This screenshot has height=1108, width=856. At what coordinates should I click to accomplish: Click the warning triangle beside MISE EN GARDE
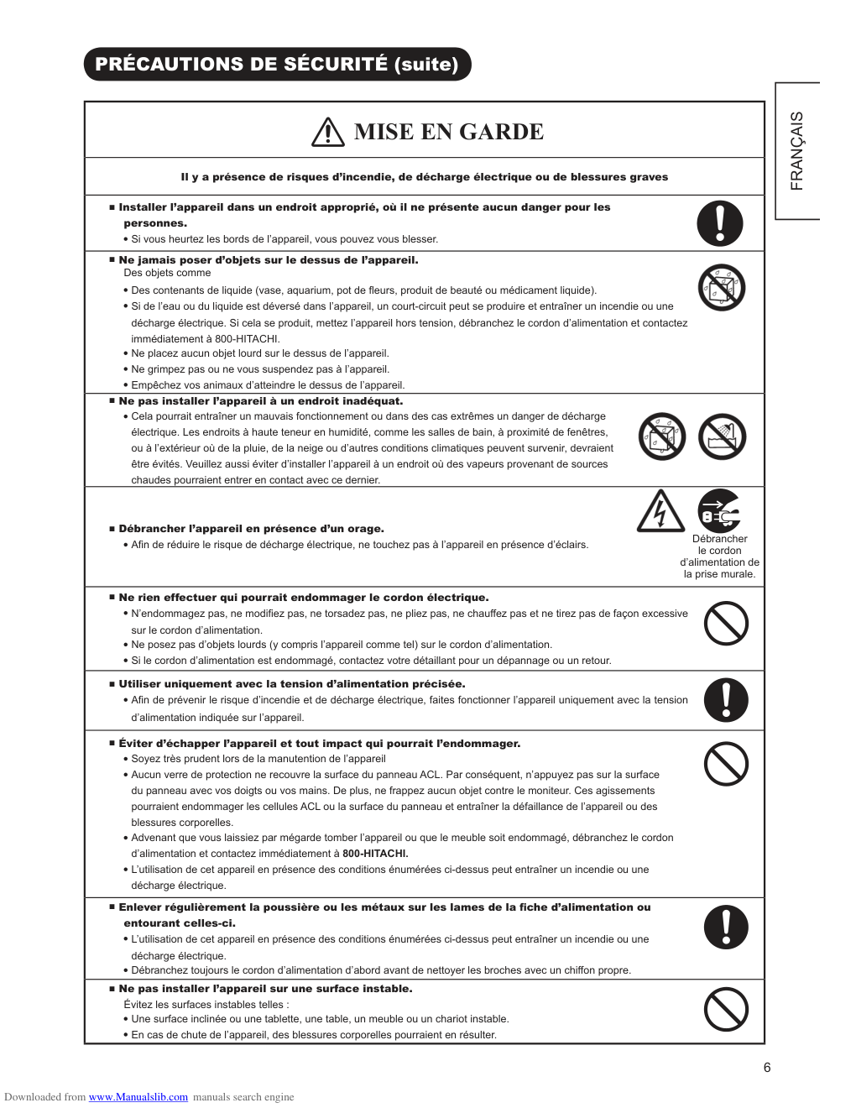[x=328, y=133]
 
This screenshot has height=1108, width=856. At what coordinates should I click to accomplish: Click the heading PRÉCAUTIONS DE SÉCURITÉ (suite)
[x=277, y=65]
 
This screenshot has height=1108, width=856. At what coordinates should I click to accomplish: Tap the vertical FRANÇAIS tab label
[x=796, y=151]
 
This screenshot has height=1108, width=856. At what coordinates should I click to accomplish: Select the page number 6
[x=767, y=1068]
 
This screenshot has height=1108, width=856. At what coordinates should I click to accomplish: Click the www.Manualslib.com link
[x=138, y=1097]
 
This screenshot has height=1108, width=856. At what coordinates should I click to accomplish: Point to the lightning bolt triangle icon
[x=660, y=512]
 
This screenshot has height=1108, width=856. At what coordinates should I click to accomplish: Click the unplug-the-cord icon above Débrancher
[x=719, y=510]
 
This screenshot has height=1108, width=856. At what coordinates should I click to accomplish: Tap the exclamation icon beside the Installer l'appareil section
[x=720, y=223]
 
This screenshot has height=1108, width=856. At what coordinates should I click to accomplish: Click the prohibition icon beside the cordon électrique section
[x=726, y=623]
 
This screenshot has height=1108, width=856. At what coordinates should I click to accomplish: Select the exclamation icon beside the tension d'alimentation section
[x=726, y=700]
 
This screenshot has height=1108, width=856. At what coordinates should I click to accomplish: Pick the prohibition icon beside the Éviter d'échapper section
[x=726, y=764]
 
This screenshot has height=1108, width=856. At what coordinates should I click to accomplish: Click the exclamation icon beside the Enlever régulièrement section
[x=726, y=928]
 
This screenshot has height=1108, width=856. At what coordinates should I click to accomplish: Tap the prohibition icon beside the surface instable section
[x=726, y=1009]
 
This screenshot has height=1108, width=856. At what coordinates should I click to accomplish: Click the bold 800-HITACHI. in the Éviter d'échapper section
[x=375, y=854]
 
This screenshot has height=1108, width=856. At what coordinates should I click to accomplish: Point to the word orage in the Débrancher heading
[x=366, y=529]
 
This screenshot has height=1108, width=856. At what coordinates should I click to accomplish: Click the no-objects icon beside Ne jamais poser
[x=722, y=287]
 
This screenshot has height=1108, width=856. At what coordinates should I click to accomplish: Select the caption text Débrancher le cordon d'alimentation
[x=720, y=557]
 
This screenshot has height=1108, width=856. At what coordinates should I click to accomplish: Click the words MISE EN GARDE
[x=449, y=132]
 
